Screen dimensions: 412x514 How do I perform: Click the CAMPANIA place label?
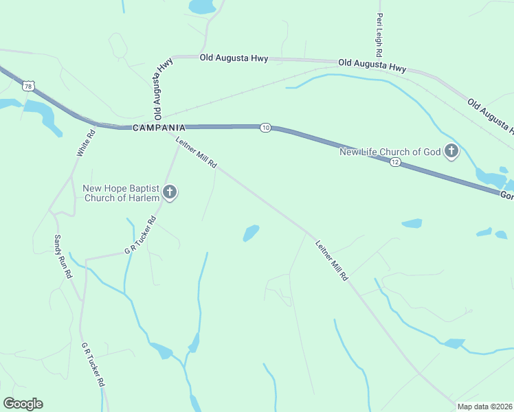point(159,128)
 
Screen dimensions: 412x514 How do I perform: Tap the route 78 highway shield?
point(27,86)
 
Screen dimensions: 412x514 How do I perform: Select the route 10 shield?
point(265,128)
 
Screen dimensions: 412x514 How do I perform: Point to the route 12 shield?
point(394,162)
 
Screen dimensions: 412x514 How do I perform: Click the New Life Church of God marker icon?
point(451,151)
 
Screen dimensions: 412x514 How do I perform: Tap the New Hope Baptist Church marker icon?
point(170,193)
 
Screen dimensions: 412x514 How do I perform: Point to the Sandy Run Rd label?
point(63,256)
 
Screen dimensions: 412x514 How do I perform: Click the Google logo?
point(23,404)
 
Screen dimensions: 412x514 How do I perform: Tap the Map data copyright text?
point(484,407)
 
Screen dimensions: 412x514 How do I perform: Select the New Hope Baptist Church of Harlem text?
point(121,193)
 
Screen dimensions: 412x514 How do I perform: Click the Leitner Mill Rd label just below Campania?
point(197,153)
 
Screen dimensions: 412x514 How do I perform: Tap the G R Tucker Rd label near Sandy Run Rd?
point(141,236)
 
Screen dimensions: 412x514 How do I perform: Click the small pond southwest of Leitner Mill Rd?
point(251,233)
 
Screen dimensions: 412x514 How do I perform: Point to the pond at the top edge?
point(202,7)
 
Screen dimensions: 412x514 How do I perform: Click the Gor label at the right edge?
point(506,196)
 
